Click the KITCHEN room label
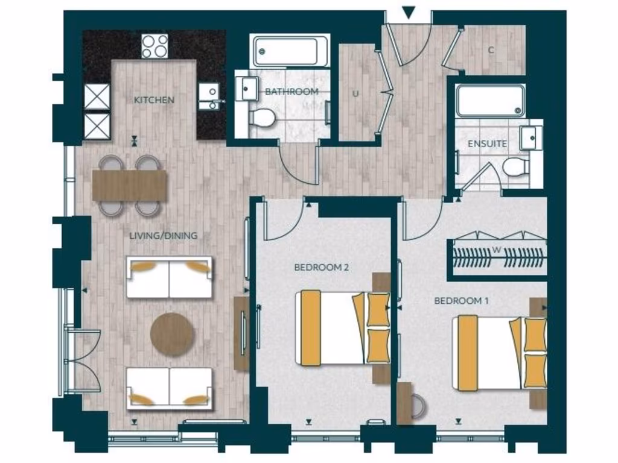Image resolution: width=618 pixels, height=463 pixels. [x=154, y=99]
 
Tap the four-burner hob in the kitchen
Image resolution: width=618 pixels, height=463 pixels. [x=154, y=46]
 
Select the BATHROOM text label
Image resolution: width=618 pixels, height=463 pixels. [x=291, y=92]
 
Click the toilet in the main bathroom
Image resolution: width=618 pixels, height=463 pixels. [x=262, y=118]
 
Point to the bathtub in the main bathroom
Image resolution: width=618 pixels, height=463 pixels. [x=290, y=51]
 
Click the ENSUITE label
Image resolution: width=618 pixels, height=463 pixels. [x=487, y=144]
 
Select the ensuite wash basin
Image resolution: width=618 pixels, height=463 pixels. [x=530, y=137]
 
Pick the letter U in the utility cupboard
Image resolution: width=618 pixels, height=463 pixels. [x=355, y=93]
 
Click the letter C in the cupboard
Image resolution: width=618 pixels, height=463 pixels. [x=491, y=51]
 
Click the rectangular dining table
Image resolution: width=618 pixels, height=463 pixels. [x=130, y=185]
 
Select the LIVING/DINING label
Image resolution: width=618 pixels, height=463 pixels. [x=163, y=236]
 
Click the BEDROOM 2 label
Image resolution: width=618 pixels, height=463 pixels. [x=322, y=267]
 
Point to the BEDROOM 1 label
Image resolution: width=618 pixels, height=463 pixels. [x=462, y=300]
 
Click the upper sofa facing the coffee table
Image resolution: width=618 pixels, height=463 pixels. [x=169, y=277]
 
